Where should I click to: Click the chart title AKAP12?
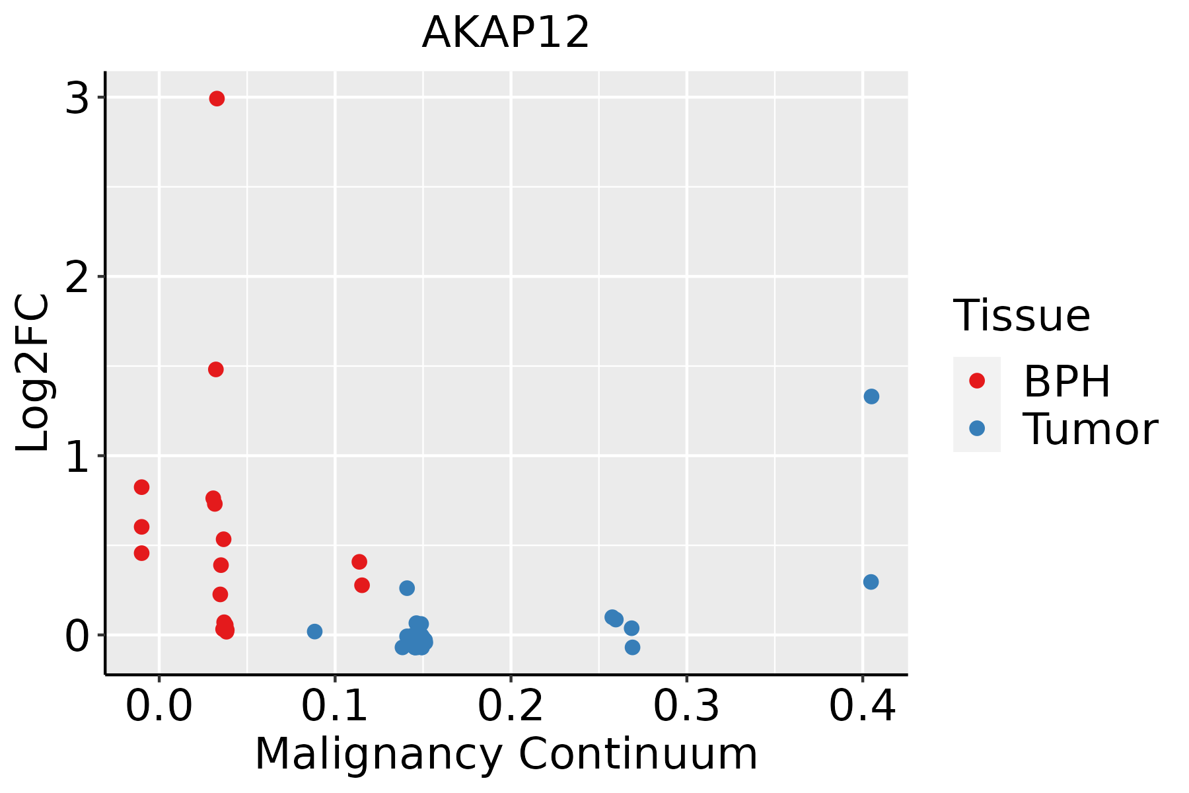(x=505, y=32)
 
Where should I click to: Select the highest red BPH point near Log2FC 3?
(x=217, y=98)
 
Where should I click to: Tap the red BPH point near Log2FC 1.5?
(x=216, y=369)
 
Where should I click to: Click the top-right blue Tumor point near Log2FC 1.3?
(x=871, y=397)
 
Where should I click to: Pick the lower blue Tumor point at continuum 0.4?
(x=871, y=582)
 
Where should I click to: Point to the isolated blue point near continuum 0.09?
(x=314, y=631)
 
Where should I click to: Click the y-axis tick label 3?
(x=78, y=98)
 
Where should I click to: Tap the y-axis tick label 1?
(x=78, y=457)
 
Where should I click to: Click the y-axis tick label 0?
(x=78, y=636)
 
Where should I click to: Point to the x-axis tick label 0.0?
(x=159, y=706)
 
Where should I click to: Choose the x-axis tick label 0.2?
(x=511, y=706)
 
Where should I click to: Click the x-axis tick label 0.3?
(x=686, y=706)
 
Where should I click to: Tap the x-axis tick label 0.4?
(x=862, y=706)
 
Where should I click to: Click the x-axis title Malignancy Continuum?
(x=506, y=753)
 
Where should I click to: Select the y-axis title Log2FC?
(x=33, y=373)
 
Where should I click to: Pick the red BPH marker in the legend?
(x=976, y=380)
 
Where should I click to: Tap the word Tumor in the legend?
(x=1090, y=429)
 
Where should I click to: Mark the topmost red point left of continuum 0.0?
(x=141, y=487)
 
